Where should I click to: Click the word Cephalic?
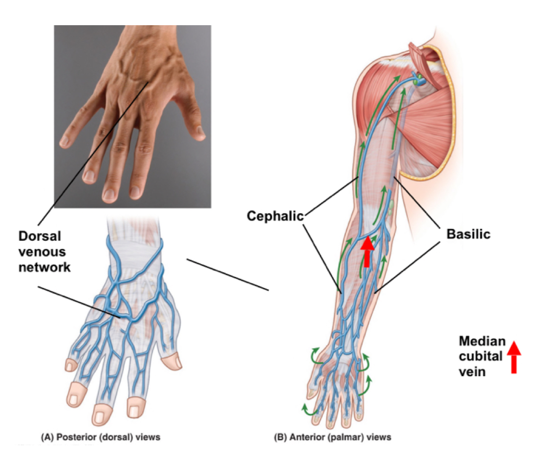pos(275,216)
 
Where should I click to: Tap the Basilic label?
pos(468,234)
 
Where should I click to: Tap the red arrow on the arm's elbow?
pos(366,251)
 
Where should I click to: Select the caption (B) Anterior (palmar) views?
pos(333,437)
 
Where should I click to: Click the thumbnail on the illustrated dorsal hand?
pos(173,363)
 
